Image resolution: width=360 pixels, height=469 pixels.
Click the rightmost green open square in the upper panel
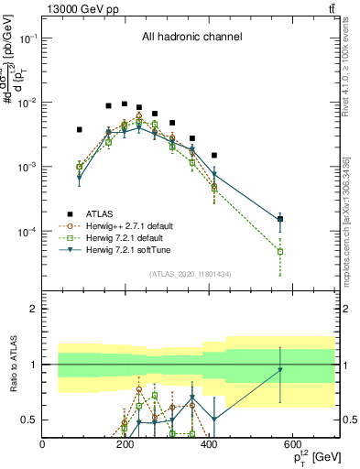pos(280,251)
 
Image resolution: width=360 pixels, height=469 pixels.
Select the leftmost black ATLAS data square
pos(80,130)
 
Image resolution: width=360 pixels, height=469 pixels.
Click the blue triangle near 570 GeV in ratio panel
pos(280,370)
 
